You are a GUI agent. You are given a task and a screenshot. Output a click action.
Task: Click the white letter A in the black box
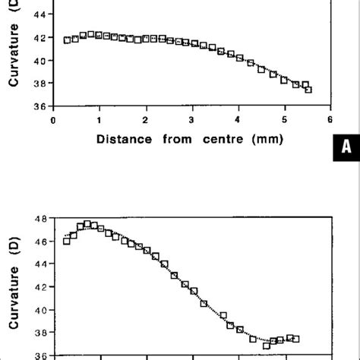(x=345, y=169)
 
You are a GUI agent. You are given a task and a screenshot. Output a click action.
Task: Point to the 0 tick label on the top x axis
(x=52, y=118)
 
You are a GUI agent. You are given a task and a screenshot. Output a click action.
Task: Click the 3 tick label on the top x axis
(x=192, y=118)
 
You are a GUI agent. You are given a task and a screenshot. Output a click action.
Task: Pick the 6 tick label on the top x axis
(x=330, y=118)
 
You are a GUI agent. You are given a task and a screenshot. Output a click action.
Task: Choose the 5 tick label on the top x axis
(x=284, y=118)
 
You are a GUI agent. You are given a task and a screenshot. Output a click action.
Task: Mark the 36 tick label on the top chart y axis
(x=38, y=106)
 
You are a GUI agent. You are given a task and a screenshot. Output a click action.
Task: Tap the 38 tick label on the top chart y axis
(x=38, y=84)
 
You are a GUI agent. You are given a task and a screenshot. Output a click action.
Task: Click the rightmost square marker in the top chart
(x=308, y=90)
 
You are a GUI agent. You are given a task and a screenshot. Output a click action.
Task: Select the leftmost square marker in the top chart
(x=67, y=40)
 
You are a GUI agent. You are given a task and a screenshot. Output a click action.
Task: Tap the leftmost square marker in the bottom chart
(x=67, y=241)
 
